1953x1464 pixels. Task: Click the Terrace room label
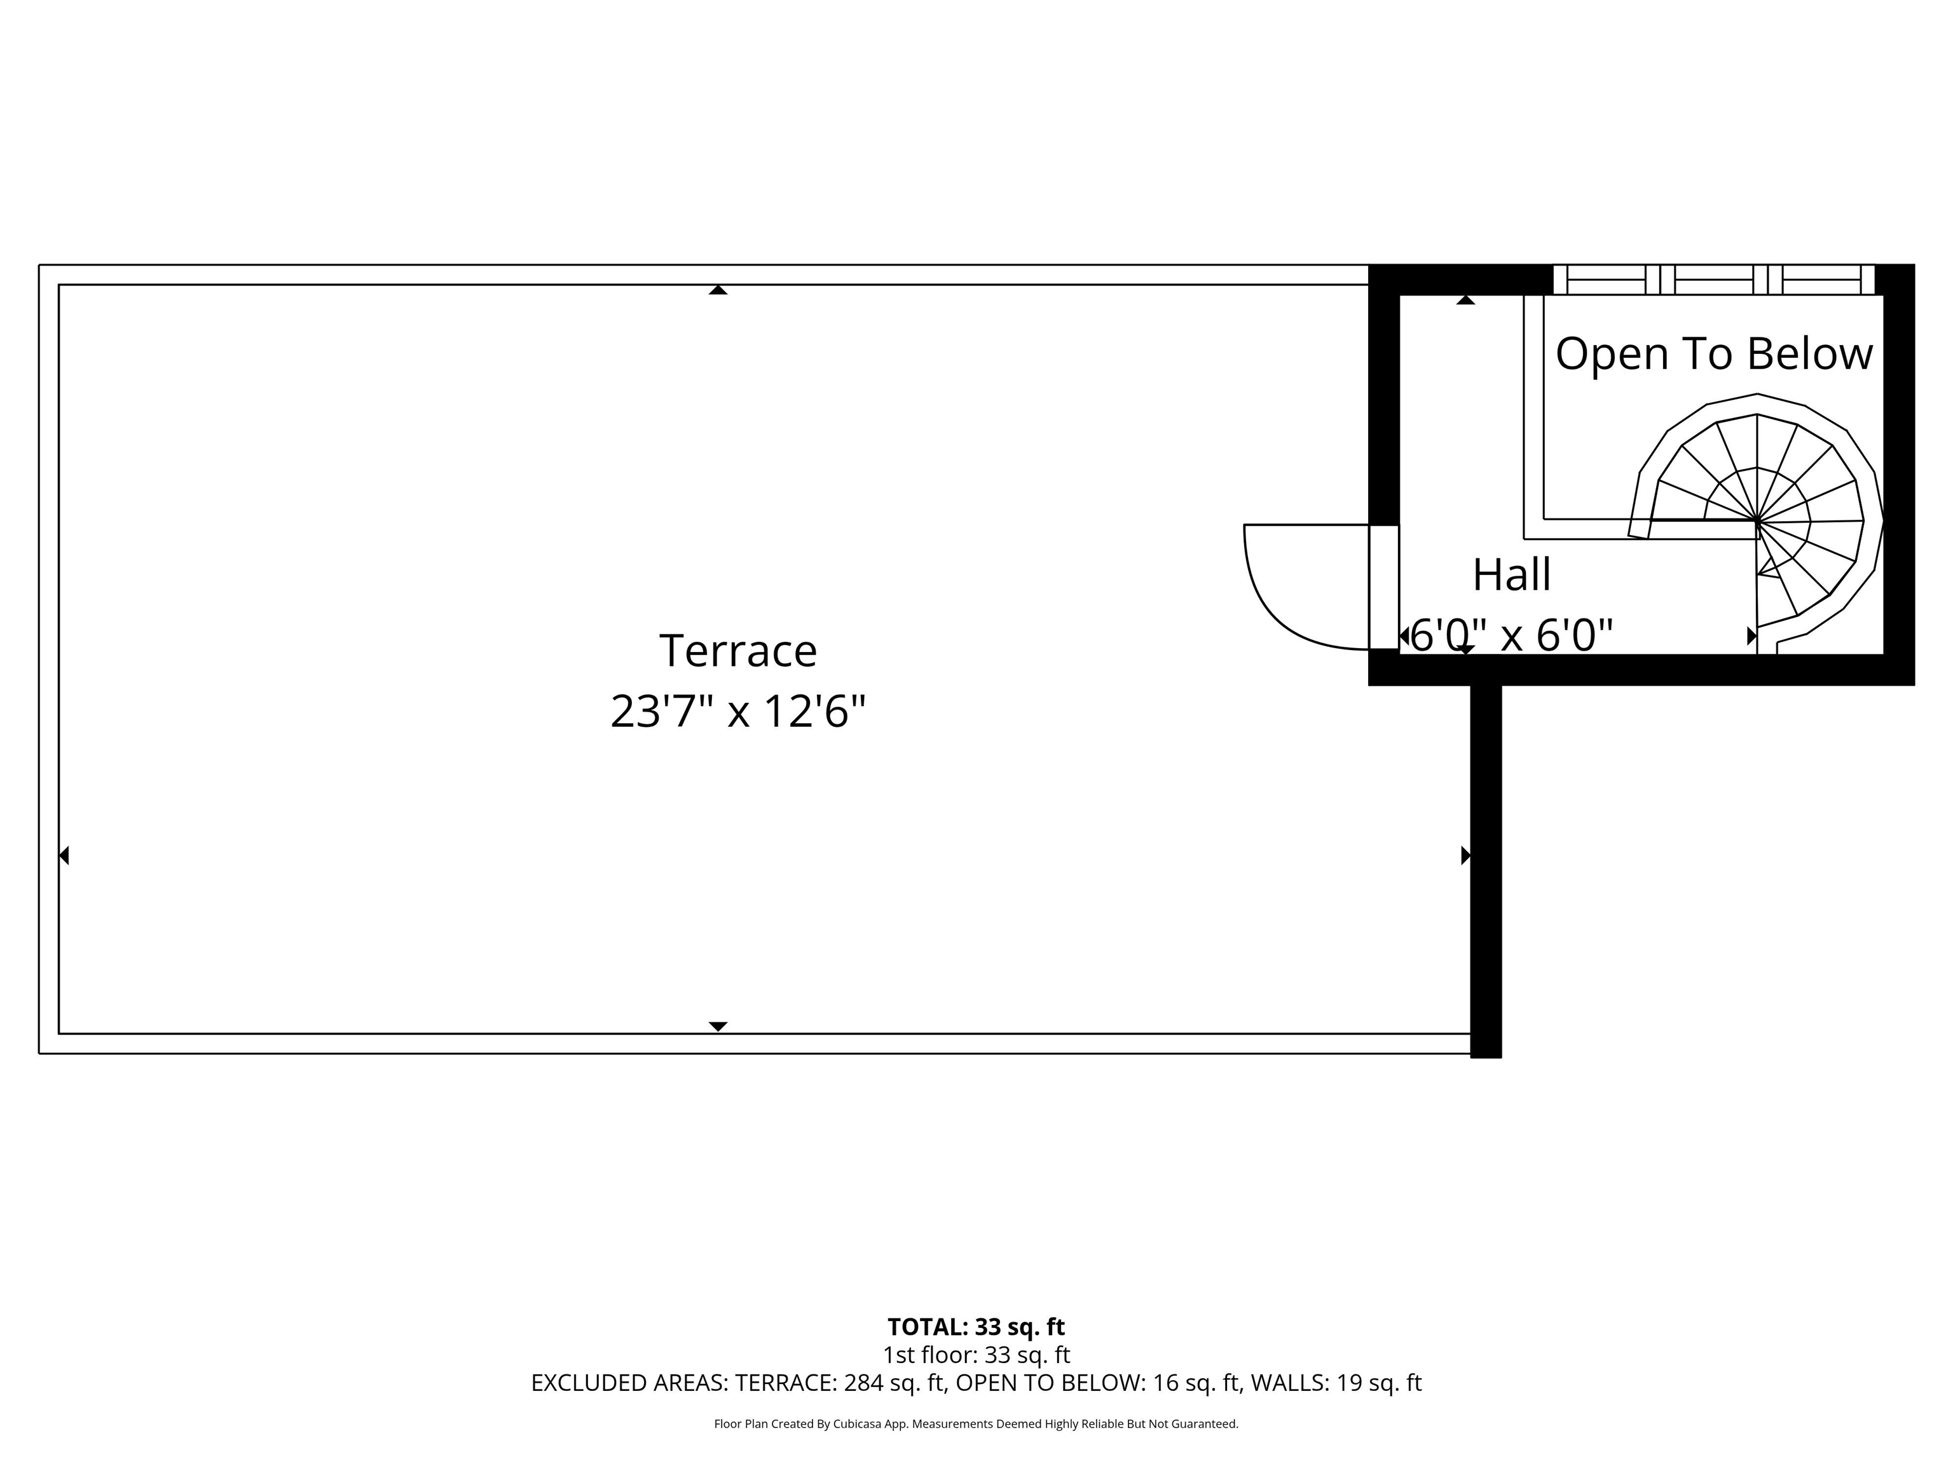[x=738, y=651]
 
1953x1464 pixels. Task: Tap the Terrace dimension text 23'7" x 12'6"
[x=738, y=711]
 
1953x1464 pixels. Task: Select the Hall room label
[x=1512, y=575]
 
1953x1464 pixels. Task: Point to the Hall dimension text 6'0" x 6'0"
[x=1512, y=635]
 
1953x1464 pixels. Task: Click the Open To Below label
[x=1714, y=354]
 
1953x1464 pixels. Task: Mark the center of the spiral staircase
[x=1757, y=522]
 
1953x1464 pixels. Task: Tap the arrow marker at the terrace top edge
[x=718, y=290]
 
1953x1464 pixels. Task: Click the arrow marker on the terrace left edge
[x=64, y=855]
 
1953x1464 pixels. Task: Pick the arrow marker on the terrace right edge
[x=1465, y=855]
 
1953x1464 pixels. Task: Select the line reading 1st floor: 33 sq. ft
[x=976, y=1355]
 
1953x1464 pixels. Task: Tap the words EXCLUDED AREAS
[x=629, y=1383]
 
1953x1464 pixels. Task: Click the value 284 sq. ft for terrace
[x=895, y=1383]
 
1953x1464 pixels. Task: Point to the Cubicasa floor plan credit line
[x=976, y=1423]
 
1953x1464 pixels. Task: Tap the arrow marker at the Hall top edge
[x=1465, y=300]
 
